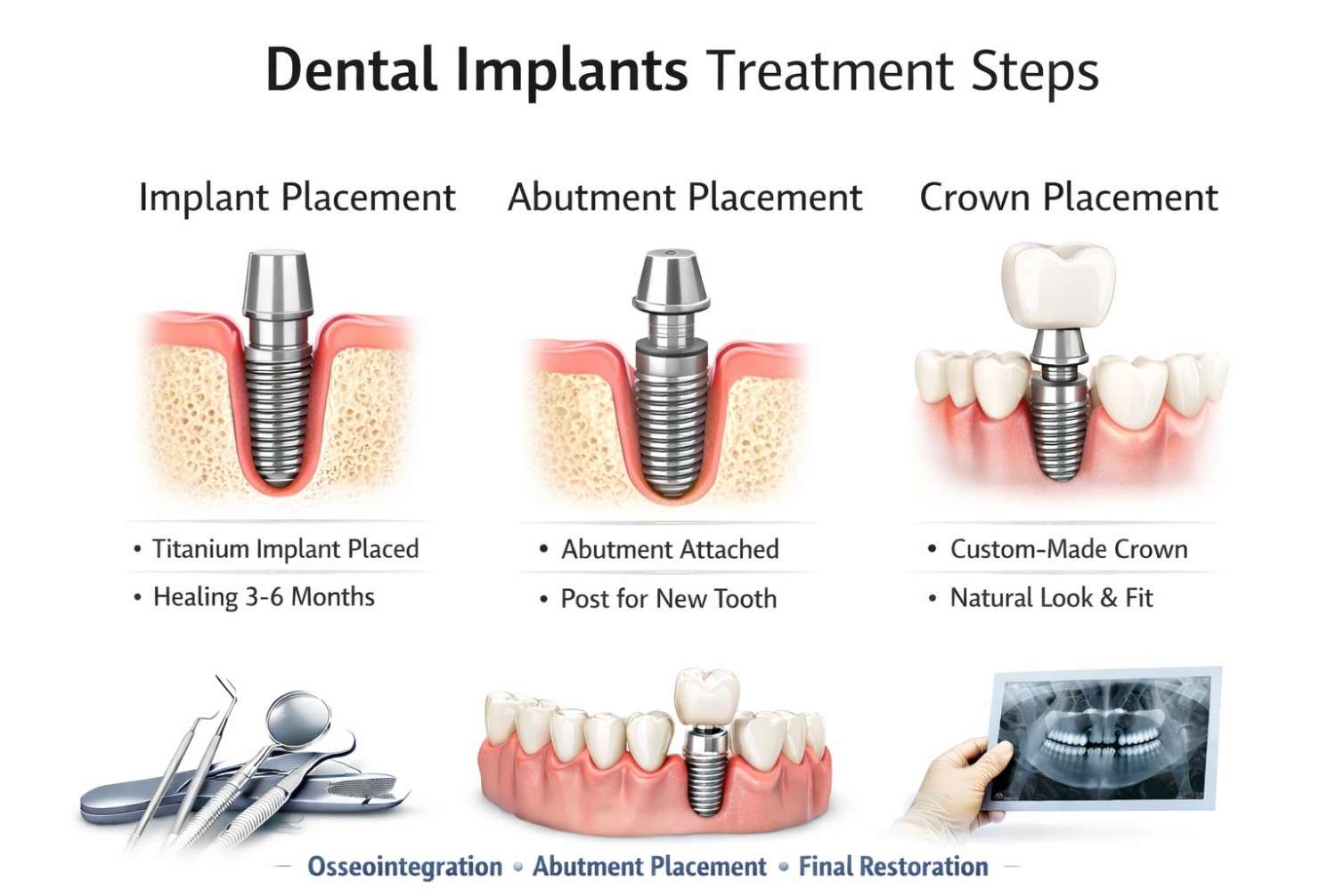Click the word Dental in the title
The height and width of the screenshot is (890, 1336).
(351, 70)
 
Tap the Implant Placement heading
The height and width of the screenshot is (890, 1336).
(297, 197)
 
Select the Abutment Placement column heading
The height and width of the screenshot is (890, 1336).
(685, 197)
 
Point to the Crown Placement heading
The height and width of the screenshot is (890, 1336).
(1068, 197)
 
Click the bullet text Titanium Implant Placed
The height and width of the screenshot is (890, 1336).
(285, 548)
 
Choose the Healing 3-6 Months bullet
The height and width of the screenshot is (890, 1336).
(264, 596)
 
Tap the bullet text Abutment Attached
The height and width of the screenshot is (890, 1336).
(670, 549)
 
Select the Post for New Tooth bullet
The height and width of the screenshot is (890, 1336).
(668, 598)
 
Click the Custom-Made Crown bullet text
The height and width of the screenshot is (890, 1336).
(1069, 548)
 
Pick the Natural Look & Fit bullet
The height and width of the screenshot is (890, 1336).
(1051, 597)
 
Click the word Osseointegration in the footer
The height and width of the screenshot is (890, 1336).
(404, 866)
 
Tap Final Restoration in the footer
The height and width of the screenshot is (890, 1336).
(892, 866)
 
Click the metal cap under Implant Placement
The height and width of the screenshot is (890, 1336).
(278, 283)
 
